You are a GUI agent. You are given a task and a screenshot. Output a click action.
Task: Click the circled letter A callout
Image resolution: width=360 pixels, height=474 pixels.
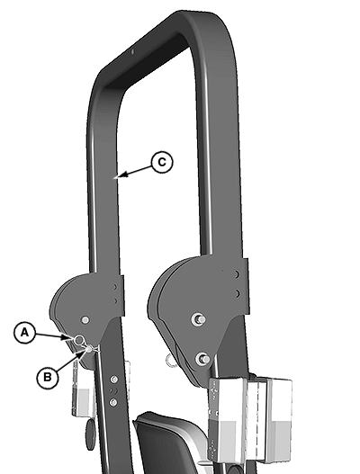tap(24, 333)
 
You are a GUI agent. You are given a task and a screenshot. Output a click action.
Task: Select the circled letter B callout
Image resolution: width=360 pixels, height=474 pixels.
tap(48, 378)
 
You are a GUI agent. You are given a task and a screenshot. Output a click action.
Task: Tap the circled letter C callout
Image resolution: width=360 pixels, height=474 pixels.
tap(162, 162)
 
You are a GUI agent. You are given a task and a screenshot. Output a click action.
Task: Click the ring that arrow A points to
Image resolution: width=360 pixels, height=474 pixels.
tap(79, 340)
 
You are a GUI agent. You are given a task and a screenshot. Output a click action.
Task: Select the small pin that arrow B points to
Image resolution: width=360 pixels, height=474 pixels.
tap(89, 349)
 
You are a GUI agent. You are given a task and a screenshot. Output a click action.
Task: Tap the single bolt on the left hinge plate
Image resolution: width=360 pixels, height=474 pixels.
tap(85, 320)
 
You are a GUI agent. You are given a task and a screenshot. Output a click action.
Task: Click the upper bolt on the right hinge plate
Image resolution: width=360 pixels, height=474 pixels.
tap(200, 319)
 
